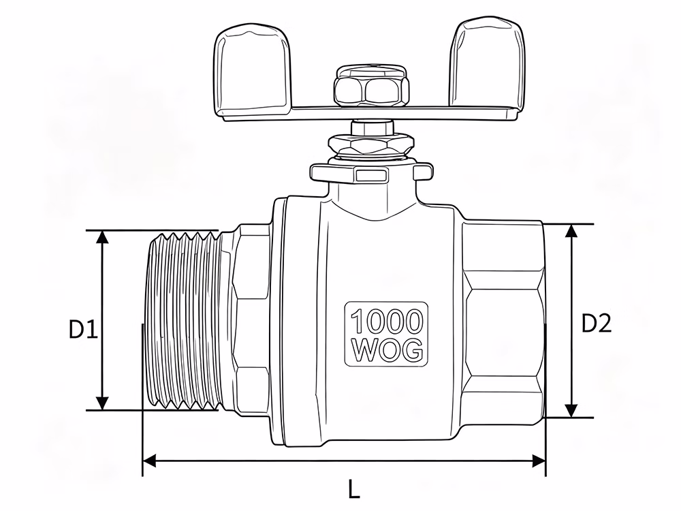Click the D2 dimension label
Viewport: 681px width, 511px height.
(597, 323)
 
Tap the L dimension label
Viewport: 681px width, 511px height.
(354, 489)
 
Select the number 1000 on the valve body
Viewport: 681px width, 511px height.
(386, 321)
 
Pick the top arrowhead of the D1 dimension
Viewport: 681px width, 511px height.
(102, 237)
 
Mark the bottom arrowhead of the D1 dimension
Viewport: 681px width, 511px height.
(102, 403)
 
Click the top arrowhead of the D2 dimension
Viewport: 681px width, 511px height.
(571, 231)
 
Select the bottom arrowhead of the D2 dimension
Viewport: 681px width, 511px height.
(571, 411)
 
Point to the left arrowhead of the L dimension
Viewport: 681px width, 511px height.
(149, 461)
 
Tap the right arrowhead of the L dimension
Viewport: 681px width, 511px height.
(539, 461)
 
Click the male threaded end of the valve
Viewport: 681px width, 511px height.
(185, 321)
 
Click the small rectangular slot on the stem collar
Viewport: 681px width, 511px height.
(371, 176)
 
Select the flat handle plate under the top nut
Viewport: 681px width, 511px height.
(369, 113)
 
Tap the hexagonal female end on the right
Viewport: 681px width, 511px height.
(504, 321)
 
